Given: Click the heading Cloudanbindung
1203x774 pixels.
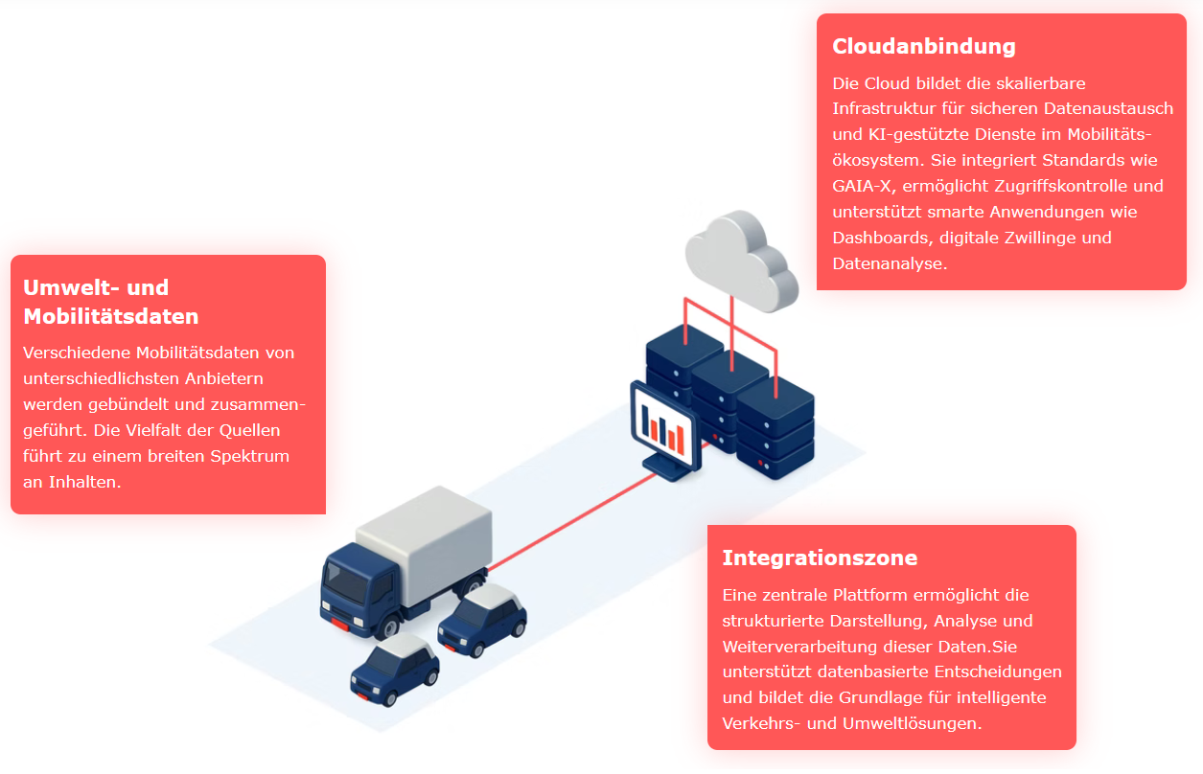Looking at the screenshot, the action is coord(924,46).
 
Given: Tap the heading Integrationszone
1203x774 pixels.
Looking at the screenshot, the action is coord(820,558).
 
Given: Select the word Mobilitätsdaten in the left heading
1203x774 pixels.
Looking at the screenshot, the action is coord(111,316).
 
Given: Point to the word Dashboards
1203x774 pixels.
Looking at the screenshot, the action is coord(881,238).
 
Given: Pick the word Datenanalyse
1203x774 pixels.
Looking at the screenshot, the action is coord(890,263).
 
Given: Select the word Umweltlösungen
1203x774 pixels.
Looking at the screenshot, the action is coord(912,723).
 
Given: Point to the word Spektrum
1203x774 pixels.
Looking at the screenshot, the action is coord(250,456).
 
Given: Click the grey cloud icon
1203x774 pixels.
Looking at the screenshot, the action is coord(742,261).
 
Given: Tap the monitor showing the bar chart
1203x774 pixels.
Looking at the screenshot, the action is coord(665,430).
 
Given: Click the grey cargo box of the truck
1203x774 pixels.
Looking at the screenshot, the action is coord(426,542).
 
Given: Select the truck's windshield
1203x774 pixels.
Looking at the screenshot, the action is coord(345,582).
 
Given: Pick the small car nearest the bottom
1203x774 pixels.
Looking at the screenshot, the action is coord(395,670).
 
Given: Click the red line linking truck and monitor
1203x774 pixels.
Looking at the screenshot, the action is coord(572,522).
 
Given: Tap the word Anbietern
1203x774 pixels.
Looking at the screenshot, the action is coord(224,378).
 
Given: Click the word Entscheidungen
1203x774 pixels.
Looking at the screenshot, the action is coord(998,672).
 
